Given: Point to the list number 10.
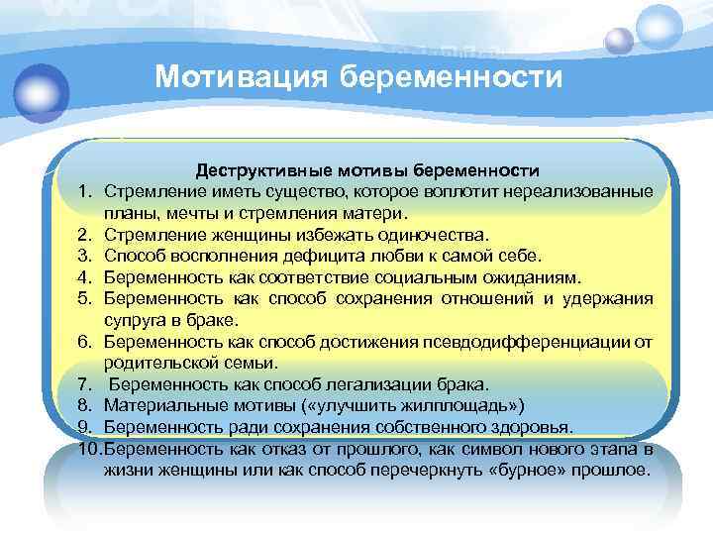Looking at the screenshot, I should pos(84,449).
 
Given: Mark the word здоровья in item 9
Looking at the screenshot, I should pos(533,427).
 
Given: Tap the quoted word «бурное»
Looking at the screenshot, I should pos(541,471).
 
